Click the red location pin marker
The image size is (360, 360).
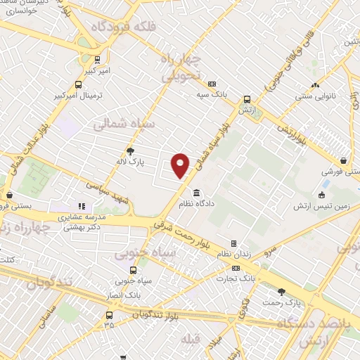[181, 165]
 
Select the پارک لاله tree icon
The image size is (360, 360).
[130, 150]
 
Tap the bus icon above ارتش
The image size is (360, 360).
[246, 100]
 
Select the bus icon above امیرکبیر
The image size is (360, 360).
[98, 60]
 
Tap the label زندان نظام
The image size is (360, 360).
[233, 253]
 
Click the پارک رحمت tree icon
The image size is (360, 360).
[281, 292]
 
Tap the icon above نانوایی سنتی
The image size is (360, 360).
[316, 79]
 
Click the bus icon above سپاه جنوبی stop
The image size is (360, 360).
[134, 270]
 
